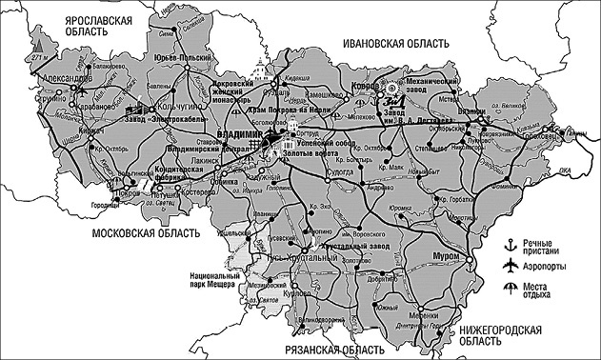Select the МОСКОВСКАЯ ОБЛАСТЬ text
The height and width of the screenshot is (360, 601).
[145, 232]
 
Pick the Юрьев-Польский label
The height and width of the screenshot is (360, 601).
[181, 59]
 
